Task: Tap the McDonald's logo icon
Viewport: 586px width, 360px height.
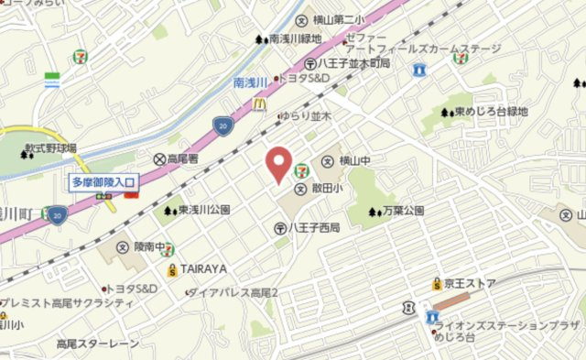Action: pyautogui.click(x=258, y=109)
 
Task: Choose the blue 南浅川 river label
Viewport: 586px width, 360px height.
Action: pyautogui.click(x=252, y=82)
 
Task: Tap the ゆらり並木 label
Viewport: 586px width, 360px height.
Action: pyautogui.click(x=304, y=117)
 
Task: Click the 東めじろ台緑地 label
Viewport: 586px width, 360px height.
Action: pyautogui.click(x=491, y=112)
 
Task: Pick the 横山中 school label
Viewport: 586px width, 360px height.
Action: pyautogui.click(x=356, y=162)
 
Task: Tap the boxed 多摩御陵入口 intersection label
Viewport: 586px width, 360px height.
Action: pyautogui.click(x=102, y=182)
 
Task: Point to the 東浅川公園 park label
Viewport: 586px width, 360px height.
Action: pyautogui.click(x=203, y=210)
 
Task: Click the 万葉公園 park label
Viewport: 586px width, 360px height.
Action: pyautogui.click(x=402, y=211)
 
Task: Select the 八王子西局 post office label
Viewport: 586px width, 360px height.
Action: pyautogui.click(x=315, y=227)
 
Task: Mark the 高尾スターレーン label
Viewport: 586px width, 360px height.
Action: pyautogui.click(x=98, y=344)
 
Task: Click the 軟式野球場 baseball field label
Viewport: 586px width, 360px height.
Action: pyautogui.click(x=50, y=147)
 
